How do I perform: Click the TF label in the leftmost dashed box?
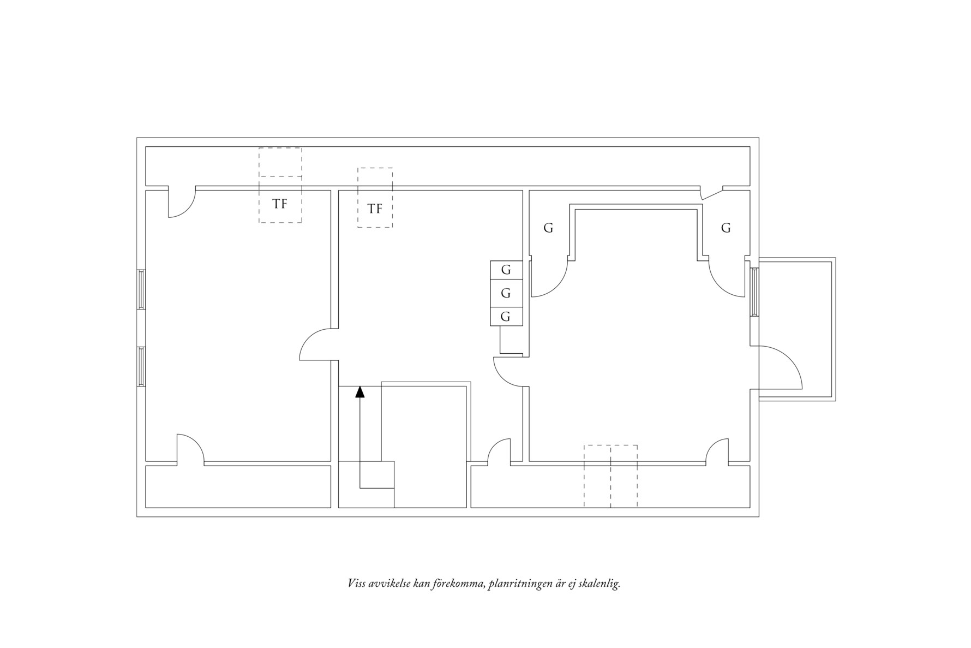tap(280, 204)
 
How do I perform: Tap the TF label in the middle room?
tap(375, 209)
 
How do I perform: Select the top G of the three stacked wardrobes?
tap(506, 270)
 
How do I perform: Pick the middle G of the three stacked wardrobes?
tap(506, 293)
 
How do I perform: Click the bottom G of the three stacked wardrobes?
tap(506, 317)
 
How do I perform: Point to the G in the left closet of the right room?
tap(548, 228)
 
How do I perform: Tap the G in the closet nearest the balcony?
tap(726, 228)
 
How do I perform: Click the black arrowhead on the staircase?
tap(359, 391)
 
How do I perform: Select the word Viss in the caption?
tap(357, 584)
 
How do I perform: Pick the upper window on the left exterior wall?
tap(141, 290)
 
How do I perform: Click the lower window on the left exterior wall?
tap(141, 366)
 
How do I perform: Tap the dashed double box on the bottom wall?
tap(610, 476)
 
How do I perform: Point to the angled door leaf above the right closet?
tap(711, 193)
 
